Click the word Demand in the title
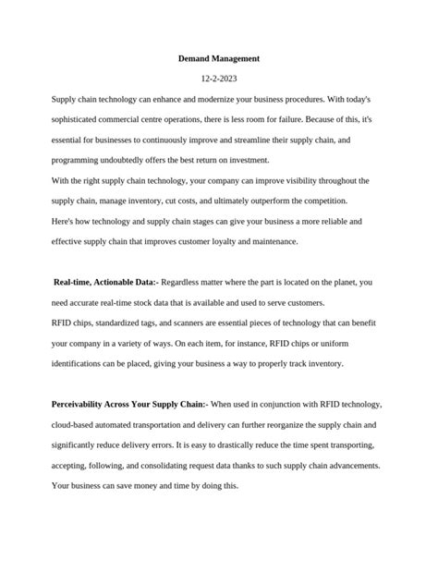[196, 59]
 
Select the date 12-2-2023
[219, 79]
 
